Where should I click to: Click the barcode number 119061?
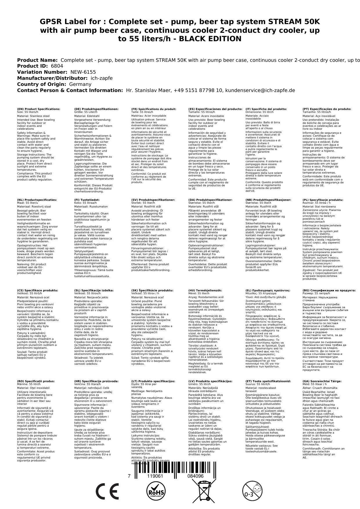point(155,476)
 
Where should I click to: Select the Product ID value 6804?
point(57,66)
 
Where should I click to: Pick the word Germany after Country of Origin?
point(80,84)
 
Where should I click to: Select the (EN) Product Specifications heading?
point(39,109)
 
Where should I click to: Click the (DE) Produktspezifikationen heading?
point(96,109)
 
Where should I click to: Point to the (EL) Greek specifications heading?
point(268,290)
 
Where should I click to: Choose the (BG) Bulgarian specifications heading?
point(329,290)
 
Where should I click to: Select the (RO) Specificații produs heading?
point(36,381)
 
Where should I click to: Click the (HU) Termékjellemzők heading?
point(205,290)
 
